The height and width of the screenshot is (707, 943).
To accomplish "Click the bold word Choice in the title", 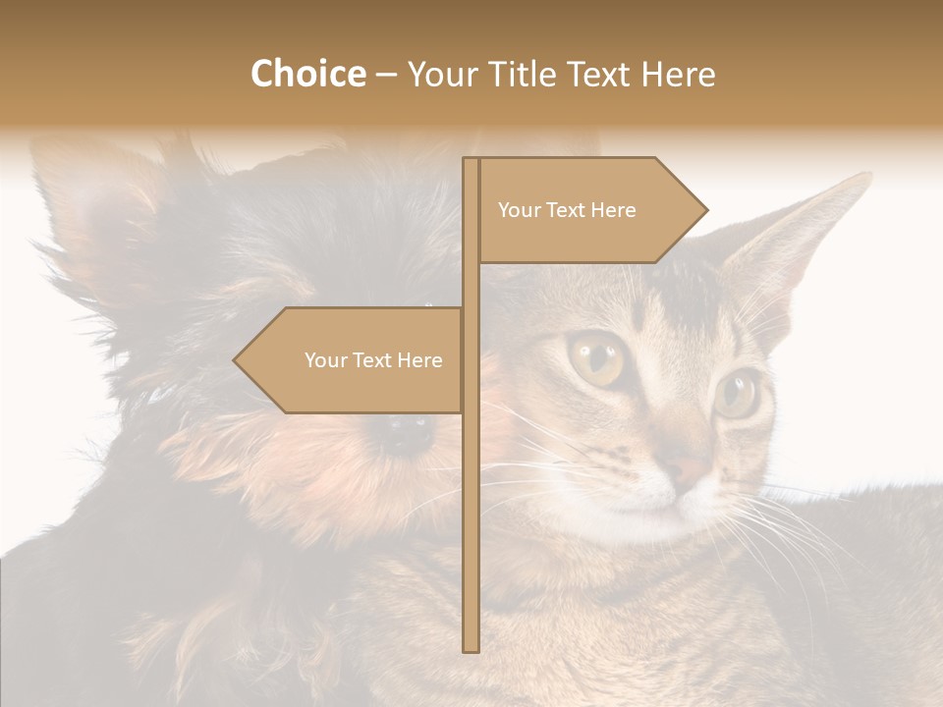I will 307,74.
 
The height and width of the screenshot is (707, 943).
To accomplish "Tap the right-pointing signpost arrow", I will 589,210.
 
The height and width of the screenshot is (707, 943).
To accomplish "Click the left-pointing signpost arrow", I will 354,360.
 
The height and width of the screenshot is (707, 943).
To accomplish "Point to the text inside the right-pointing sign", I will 567,210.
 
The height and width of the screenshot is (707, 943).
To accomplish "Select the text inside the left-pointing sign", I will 373,360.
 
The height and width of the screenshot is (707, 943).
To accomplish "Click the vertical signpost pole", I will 471,491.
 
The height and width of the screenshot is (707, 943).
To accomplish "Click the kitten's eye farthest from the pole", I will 737,393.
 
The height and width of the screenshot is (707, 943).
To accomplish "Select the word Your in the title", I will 439,74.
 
